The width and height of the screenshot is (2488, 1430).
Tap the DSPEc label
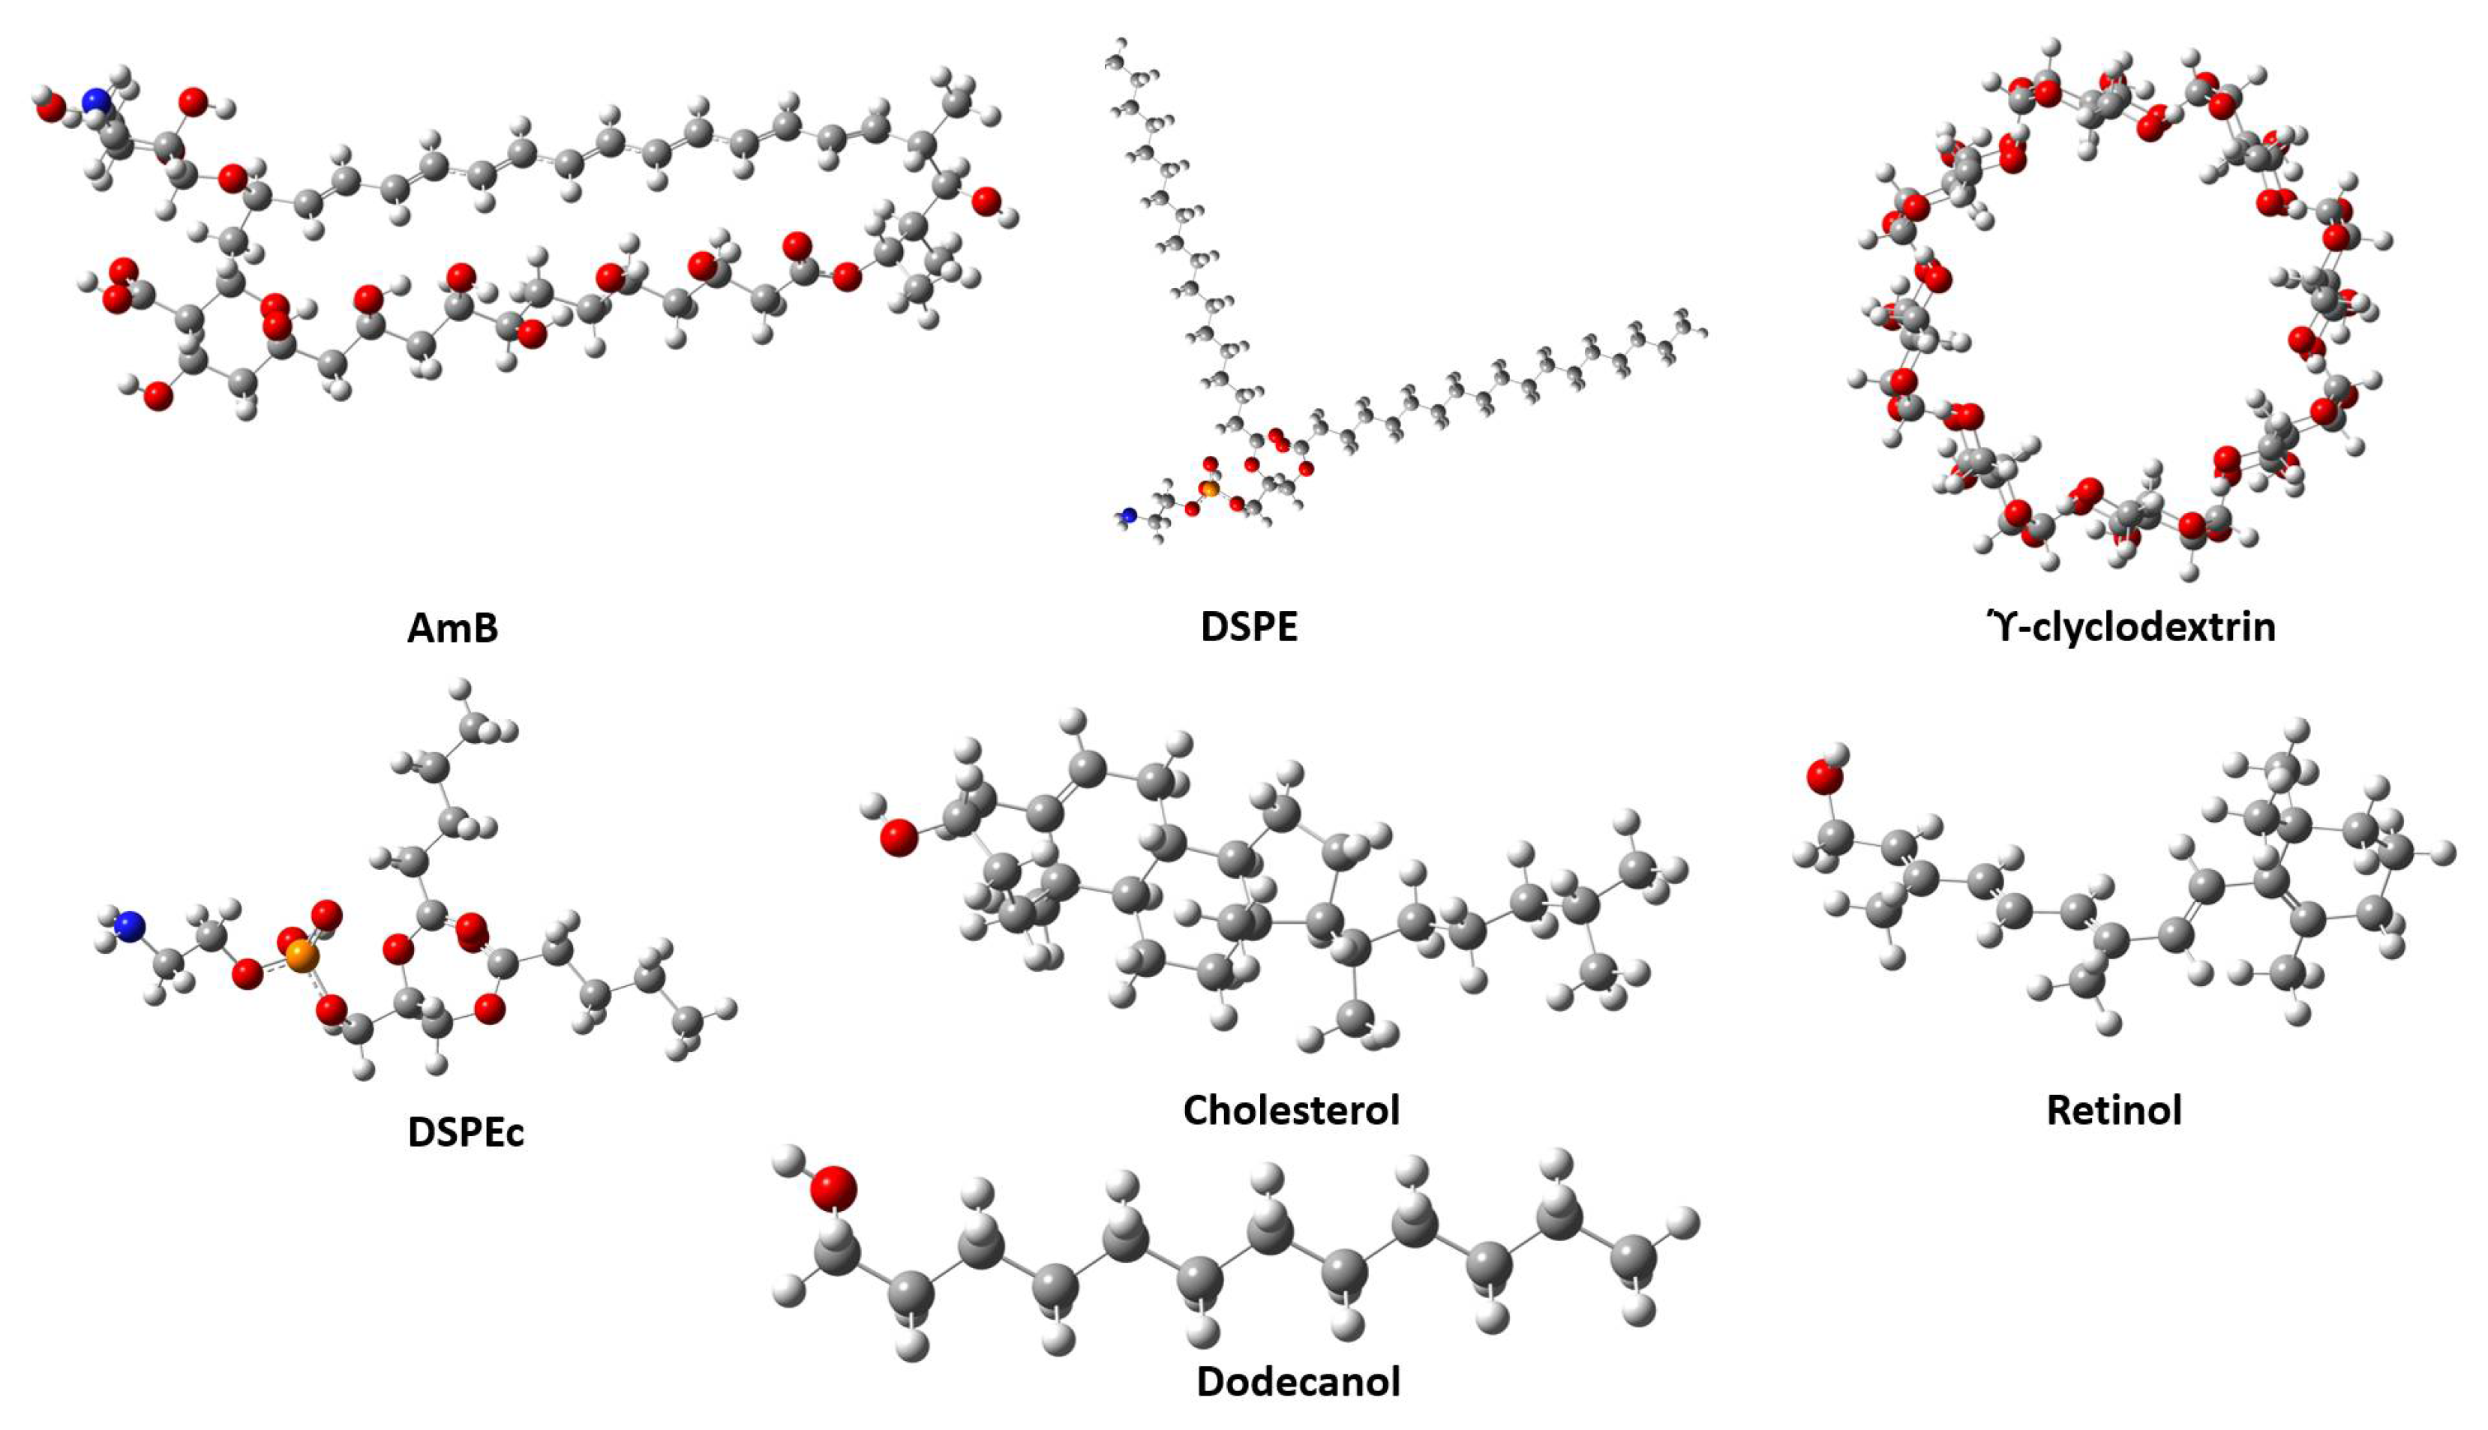(466, 1132)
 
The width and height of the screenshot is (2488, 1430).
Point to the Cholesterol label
(1291, 1110)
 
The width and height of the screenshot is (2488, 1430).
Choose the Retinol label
(2114, 1110)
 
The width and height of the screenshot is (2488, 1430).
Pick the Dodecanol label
(1298, 1381)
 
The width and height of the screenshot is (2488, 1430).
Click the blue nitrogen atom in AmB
(96, 101)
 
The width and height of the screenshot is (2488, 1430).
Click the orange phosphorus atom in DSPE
(1210, 488)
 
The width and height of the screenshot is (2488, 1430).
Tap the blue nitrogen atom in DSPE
(1129, 514)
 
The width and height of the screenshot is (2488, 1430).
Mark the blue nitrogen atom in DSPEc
(129, 926)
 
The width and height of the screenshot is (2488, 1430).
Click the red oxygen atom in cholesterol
(898, 838)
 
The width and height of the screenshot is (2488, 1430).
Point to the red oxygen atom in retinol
(1824, 777)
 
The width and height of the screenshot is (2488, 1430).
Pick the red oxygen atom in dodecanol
(833, 1189)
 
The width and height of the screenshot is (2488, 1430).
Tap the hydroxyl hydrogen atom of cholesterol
(872, 808)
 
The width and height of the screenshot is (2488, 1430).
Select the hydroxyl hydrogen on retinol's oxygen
(1838, 754)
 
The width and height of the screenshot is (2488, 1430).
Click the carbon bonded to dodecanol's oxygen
(838, 1253)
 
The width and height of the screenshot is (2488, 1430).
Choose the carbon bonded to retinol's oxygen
(1835, 838)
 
